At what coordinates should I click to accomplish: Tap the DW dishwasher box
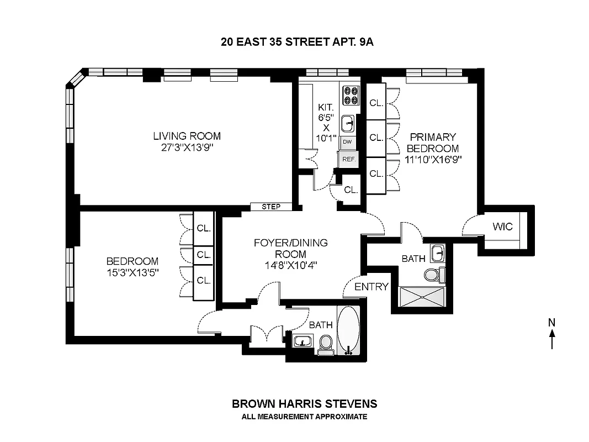tap(347, 142)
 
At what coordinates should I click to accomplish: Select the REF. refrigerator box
tap(348, 159)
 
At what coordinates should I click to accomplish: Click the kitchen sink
tap(348, 122)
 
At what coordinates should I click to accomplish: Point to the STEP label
tap(270, 207)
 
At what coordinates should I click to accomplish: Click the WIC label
tap(502, 227)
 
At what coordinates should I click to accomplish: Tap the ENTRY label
tap(371, 287)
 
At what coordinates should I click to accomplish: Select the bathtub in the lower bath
tap(348, 329)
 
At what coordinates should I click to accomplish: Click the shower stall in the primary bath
tap(423, 297)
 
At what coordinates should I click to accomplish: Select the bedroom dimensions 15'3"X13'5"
tap(132, 272)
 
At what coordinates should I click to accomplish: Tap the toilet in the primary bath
tap(432, 273)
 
